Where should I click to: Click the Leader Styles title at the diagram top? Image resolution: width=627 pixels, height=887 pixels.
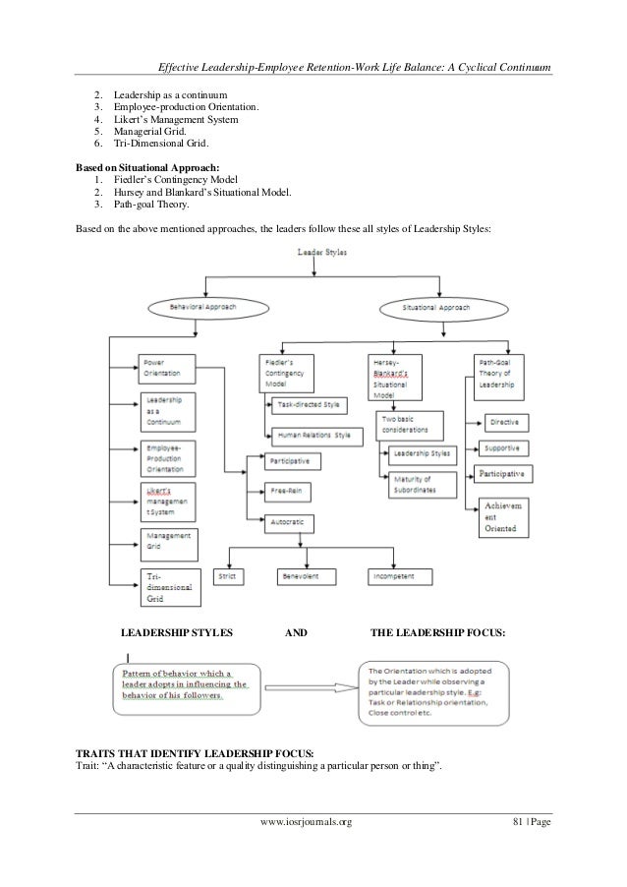[315, 253]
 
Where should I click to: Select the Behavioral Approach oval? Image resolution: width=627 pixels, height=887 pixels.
[203, 308]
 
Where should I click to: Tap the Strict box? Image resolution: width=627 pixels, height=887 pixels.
[229, 576]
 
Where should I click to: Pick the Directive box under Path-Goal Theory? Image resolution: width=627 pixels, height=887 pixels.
[507, 422]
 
